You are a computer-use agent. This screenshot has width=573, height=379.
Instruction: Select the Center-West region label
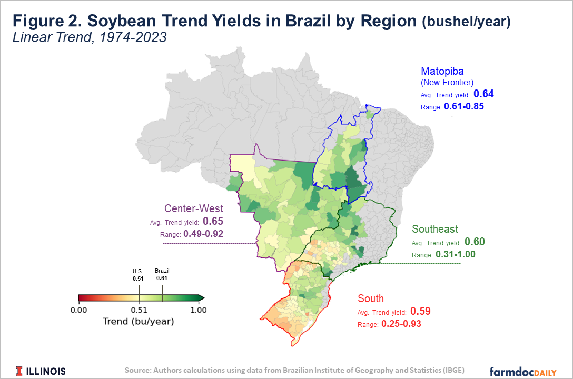[194, 208]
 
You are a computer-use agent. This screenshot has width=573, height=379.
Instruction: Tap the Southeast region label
[435, 229]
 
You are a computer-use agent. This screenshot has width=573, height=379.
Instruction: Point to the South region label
[371, 298]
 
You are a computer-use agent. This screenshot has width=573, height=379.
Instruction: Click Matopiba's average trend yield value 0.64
[483, 94]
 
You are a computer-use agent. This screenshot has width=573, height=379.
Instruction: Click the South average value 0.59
[420, 311]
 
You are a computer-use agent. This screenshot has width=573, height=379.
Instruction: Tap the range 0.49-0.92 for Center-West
[203, 234]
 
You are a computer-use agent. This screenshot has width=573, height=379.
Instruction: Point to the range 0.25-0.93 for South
[401, 324]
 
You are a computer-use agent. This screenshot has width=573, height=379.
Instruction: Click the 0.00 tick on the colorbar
[78, 310]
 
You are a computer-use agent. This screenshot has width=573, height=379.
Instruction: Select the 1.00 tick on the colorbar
[198, 310]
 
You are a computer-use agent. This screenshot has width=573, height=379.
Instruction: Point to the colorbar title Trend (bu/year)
[139, 321]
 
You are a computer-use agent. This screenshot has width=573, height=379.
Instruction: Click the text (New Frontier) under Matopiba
[448, 82]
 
